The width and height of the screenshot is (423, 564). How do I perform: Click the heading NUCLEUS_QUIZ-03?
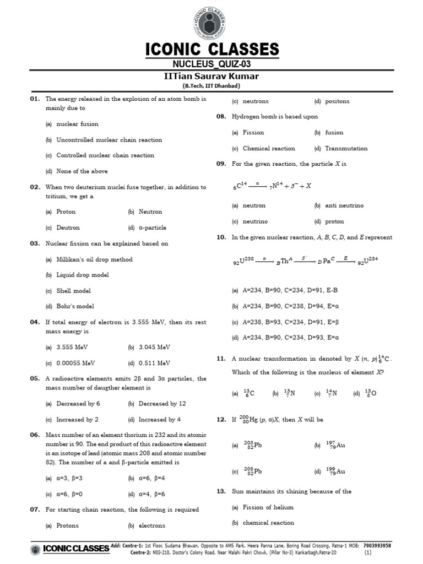pyautogui.click(x=211, y=65)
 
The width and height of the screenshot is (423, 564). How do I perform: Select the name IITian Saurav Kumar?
pyautogui.click(x=211, y=77)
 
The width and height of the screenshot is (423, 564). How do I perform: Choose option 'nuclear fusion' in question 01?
pyautogui.click(x=77, y=124)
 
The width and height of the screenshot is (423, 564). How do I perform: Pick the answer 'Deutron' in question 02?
pyautogui.click(x=68, y=227)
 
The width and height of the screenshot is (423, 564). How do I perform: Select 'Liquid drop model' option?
pyautogui.click(x=83, y=275)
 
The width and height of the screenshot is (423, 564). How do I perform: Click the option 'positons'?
pyautogui.click(x=337, y=101)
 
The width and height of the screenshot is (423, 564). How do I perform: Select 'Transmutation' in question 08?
pyautogui.click(x=346, y=148)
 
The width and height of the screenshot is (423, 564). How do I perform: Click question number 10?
pyautogui.click(x=221, y=237)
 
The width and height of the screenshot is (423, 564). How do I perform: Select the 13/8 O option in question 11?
pyautogui.click(x=369, y=393)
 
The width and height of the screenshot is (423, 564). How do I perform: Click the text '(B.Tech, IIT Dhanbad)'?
pyautogui.click(x=211, y=86)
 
